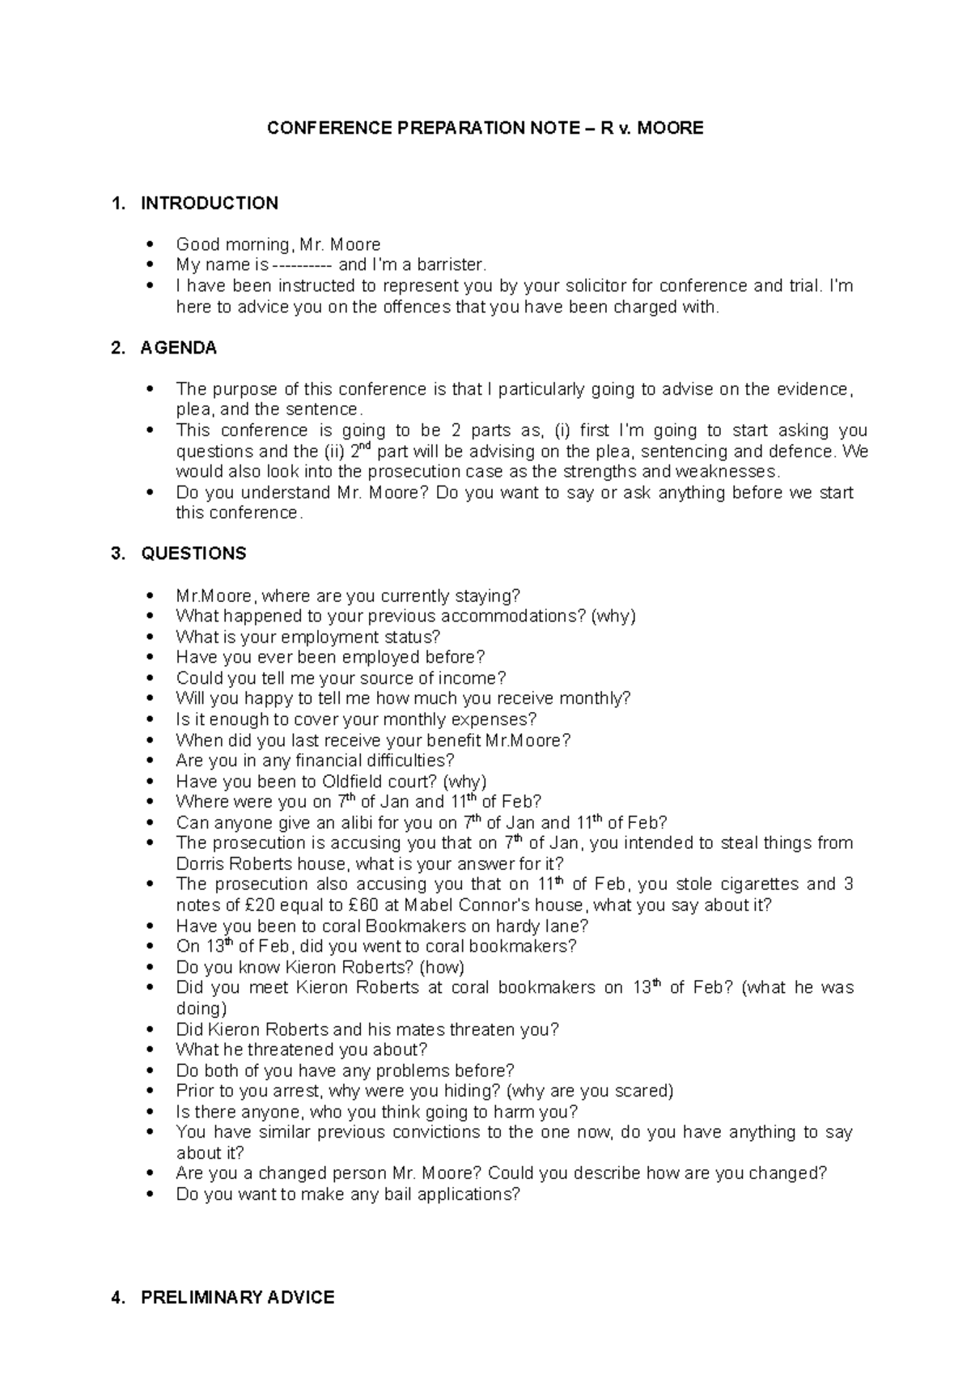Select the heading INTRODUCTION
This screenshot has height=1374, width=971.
209,203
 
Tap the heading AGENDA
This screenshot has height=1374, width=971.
178,348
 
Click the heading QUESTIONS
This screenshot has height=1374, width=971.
193,553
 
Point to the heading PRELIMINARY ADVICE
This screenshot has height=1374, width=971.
237,1297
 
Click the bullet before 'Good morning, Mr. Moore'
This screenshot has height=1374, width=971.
151,245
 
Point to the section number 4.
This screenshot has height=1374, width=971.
117,1297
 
